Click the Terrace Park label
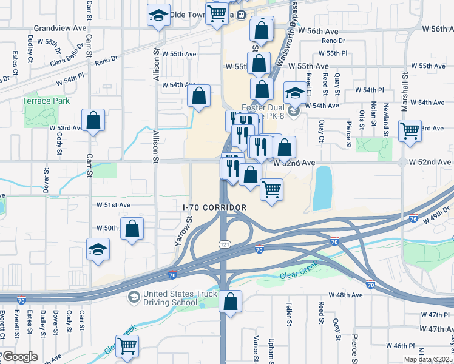(x=46, y=101)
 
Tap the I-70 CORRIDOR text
(x=215, y=207)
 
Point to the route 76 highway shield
(x=413, y=219)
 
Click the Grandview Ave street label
(x=60, y=28)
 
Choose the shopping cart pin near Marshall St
(x=410, y=130)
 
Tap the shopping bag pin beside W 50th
(x=132, y=229)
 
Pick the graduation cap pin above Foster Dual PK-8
(x=295, y=93)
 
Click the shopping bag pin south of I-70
(x=231, y=301)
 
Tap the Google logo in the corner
(x=20, y=357)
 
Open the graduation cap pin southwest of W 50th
(x=98, y=249)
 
